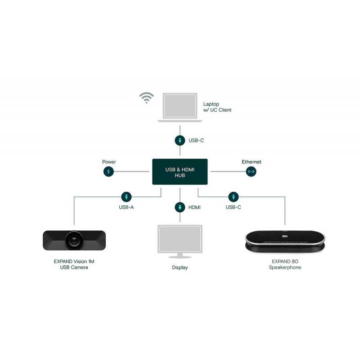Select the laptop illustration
[x=180, y=108]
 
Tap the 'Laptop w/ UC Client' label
[x=217, y=107]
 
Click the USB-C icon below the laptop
[x=180, y=140]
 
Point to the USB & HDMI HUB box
[x=180, y=172]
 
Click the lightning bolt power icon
[x=108, y=171]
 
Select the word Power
[x=109, y=162]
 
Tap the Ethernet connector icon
[x=251, y=171]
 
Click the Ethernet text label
[x=252, y=162]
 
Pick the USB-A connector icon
[x=126, y=197]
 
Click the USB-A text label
[x=126, y=207]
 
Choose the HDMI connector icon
[x=180, y=207]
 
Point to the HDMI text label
[x=194, y=207]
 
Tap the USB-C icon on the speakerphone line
[x=234, y=197]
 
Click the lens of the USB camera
[x=74, y=240]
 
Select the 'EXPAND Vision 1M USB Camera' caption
[x=74, y=264]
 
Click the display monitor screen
[x=180, y=238]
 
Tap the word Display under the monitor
[x=180, y=267]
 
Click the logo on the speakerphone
[x=285, y=236]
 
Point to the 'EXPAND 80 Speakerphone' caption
[x=285, y=264]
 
